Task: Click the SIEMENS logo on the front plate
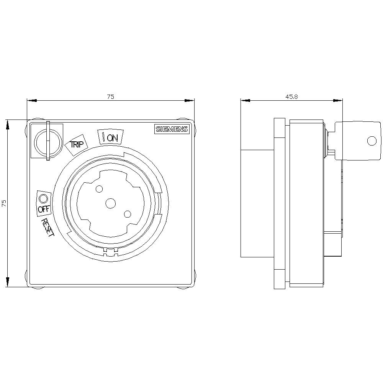172,129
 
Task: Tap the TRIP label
76,145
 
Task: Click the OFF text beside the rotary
43,209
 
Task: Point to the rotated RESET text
48,228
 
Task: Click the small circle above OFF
43,198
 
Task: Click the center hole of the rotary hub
111,203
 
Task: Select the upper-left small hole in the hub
99,188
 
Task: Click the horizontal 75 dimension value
110,97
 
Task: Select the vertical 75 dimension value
4,203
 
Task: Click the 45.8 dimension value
291,97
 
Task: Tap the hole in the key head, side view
372,141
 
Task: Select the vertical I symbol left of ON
103,136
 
